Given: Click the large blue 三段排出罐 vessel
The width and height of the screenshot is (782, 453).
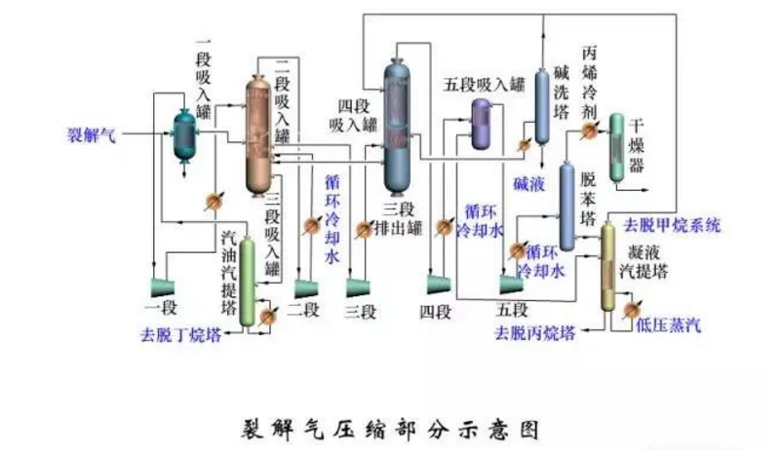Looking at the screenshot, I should coord(397,127).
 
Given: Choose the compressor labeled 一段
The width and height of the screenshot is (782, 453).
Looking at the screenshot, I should coord(161,287).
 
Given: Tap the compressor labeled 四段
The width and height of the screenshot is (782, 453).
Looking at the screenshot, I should coord(436,285).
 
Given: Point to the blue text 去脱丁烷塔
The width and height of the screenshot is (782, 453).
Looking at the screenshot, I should coord(179,335).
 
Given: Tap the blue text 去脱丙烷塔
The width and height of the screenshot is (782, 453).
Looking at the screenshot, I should coord(534,333).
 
